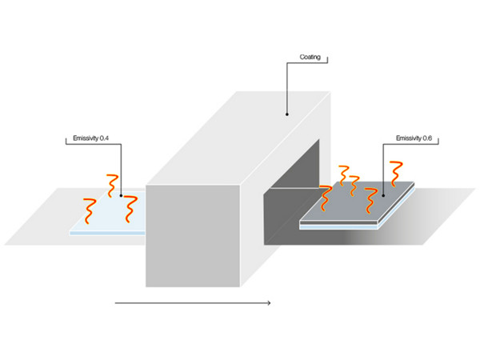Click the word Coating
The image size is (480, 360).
point(310,58)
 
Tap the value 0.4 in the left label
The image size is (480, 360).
point(104,138)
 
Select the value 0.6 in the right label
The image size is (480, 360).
point(427,138)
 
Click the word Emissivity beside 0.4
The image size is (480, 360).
point(86,138)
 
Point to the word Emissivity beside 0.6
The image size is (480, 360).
point(409,138)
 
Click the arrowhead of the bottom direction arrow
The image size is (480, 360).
point(269,303)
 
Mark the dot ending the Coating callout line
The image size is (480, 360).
point(287,114)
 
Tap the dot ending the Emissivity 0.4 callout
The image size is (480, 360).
point(122,196)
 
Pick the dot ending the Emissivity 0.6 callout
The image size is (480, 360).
point(383,196)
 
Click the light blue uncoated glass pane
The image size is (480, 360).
point(109,213)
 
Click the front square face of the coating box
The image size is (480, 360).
point(193,236)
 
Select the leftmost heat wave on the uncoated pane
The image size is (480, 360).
point(90,211)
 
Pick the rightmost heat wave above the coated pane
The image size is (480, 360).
point(396,174)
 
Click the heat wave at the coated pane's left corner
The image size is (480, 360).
point(326,198)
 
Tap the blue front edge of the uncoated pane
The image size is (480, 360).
point(107,234)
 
